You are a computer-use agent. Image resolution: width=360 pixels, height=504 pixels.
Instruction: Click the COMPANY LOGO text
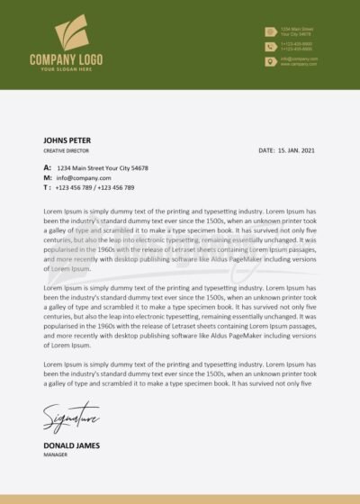point(66,59)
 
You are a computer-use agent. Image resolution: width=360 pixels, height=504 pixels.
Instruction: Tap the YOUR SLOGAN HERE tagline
point(67,69)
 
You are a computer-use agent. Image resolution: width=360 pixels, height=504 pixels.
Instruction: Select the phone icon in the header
point(270,46)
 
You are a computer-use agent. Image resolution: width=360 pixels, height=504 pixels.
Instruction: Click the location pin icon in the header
point(270,61)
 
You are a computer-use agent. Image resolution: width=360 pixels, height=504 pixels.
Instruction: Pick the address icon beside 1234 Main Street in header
point(270,31)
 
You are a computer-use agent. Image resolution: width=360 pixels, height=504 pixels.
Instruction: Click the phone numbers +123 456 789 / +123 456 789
point(94,187)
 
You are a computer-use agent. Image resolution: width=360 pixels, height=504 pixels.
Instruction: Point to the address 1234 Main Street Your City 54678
point(103,168)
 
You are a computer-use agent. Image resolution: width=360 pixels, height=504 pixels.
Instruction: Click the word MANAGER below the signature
point(56,454)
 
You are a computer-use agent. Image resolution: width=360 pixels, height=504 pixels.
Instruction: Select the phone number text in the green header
point(296,46)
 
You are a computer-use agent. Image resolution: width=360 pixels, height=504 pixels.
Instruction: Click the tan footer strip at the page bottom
point(180,499)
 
